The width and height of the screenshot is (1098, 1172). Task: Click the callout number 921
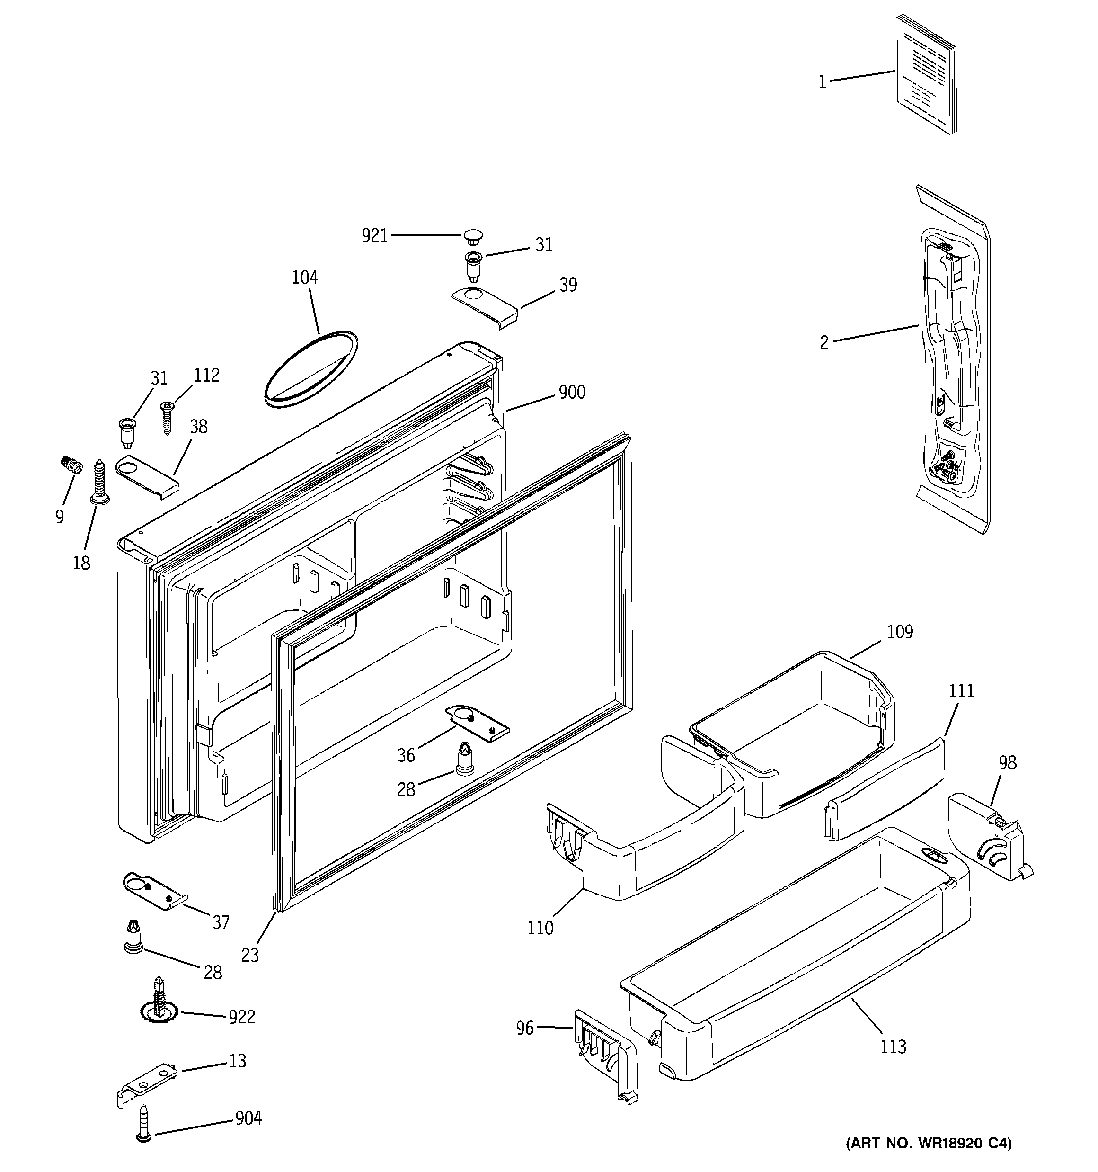(374, 236)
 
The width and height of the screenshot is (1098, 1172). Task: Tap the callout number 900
(572, 392)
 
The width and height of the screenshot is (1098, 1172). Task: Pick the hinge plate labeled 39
(485, 308)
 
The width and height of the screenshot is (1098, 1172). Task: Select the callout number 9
(60, 517)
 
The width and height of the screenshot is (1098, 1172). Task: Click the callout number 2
(824, 342)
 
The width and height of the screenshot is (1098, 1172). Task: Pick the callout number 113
(893, 1047)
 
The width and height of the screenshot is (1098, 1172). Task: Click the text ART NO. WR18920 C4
(928, 1159)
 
